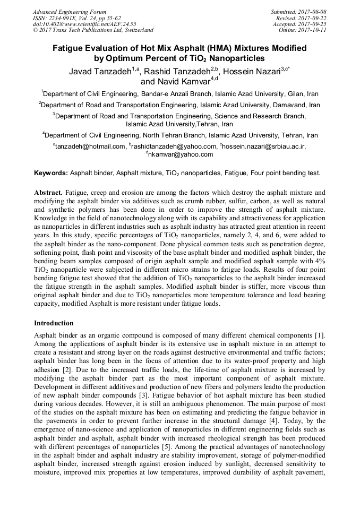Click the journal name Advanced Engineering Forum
(69, 12)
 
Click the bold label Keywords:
(51, 173)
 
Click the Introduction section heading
(54, 323)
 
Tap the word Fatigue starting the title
(70, 48)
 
